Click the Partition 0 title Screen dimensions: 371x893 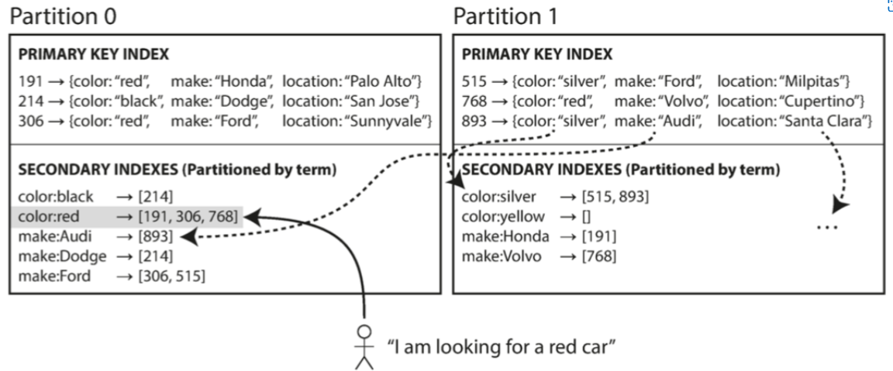[x=63, y=15]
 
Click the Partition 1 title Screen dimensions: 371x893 [x=505, y=15]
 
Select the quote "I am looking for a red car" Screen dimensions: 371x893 [x=501, y=345]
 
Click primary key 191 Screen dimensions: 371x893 [x=29, y=81]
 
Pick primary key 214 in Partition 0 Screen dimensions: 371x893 [x=29, y=101]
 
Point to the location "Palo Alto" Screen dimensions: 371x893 [x=391, y=81]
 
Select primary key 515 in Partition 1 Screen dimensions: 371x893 [x=474, y=81]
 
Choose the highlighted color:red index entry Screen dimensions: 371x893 [x=128, y=216]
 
